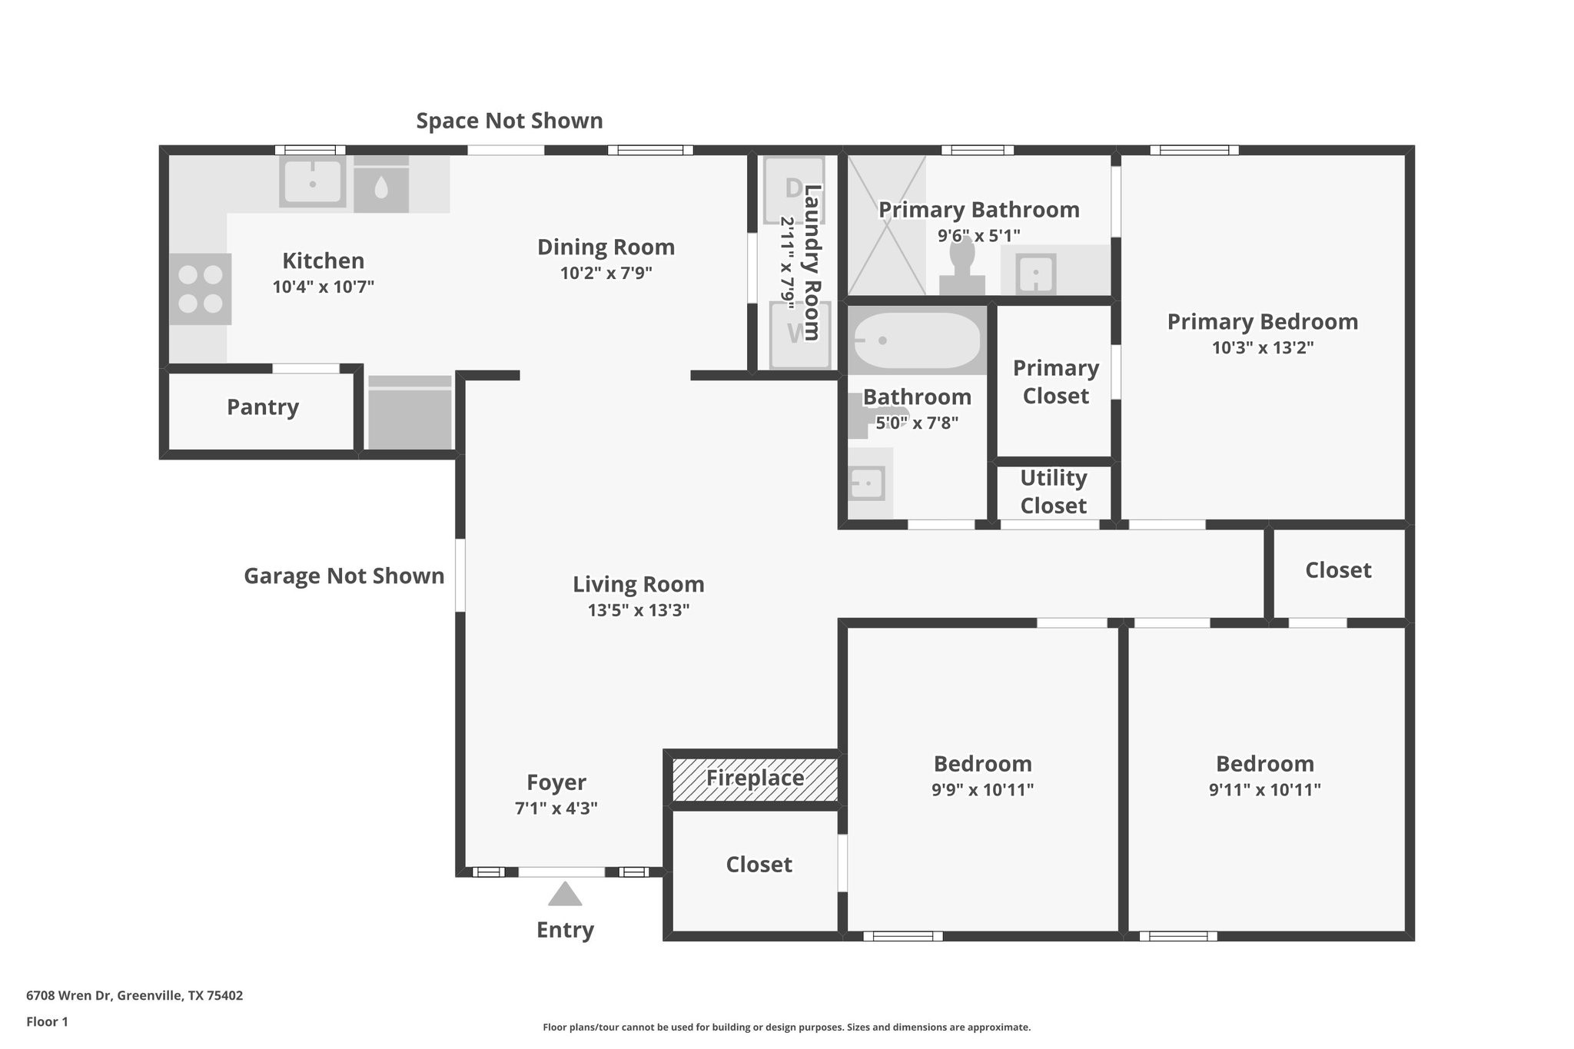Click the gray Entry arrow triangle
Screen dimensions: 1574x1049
coord(565,894)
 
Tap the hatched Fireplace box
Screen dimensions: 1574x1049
coord(755,779)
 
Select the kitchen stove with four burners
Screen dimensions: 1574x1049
coord(200,289)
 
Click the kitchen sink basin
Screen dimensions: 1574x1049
coord(312,183)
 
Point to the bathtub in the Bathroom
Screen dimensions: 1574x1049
coord(917,340)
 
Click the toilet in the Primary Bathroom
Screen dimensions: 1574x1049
coord(962,266)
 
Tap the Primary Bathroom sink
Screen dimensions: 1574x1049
coord(1036,274)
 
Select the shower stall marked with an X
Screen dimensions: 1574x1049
coord(886,225)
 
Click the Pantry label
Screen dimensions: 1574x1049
coord(263,407)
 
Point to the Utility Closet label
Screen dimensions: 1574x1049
coord(1053,492)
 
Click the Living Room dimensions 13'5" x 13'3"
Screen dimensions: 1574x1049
coord(639,610)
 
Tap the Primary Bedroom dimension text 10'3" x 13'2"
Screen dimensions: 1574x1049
coord(1263,347)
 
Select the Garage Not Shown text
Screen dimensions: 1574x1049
coord(344,576)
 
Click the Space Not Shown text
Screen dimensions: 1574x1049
coord(510,121)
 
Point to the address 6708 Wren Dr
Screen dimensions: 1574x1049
coord(68,995)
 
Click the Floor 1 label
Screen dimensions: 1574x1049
coord(47,1021)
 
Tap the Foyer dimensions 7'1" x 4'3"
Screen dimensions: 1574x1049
coord(556,808)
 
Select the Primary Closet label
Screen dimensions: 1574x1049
coord(1056,382)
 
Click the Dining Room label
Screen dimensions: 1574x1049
coord(606,247)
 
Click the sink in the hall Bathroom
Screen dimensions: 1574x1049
coord(867,483)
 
